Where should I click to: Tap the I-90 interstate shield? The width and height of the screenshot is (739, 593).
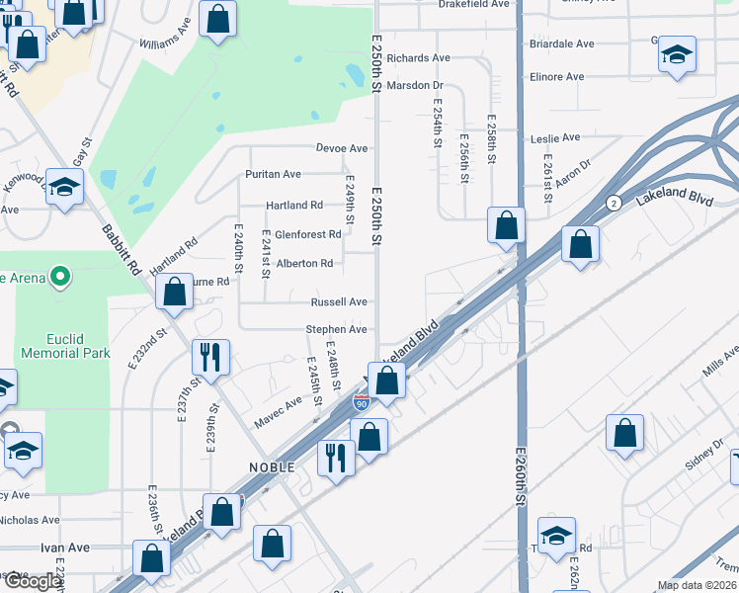point(362,402)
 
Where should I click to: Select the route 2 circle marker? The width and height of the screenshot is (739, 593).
point(614,203)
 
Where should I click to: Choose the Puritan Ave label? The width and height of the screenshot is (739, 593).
point(273,175)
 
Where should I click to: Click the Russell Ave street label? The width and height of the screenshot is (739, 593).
point(339,302)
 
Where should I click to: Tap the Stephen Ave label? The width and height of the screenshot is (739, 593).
point(337,329)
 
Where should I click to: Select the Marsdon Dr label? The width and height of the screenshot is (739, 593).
point(416,85)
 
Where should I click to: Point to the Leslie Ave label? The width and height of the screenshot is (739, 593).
point(555,137)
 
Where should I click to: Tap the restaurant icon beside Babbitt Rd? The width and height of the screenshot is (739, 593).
point(209,356)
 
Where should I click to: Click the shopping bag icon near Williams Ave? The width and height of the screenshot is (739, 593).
point(217,18)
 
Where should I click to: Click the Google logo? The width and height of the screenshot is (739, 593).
point(32,581)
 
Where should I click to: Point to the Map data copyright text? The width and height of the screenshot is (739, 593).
point(697,585)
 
